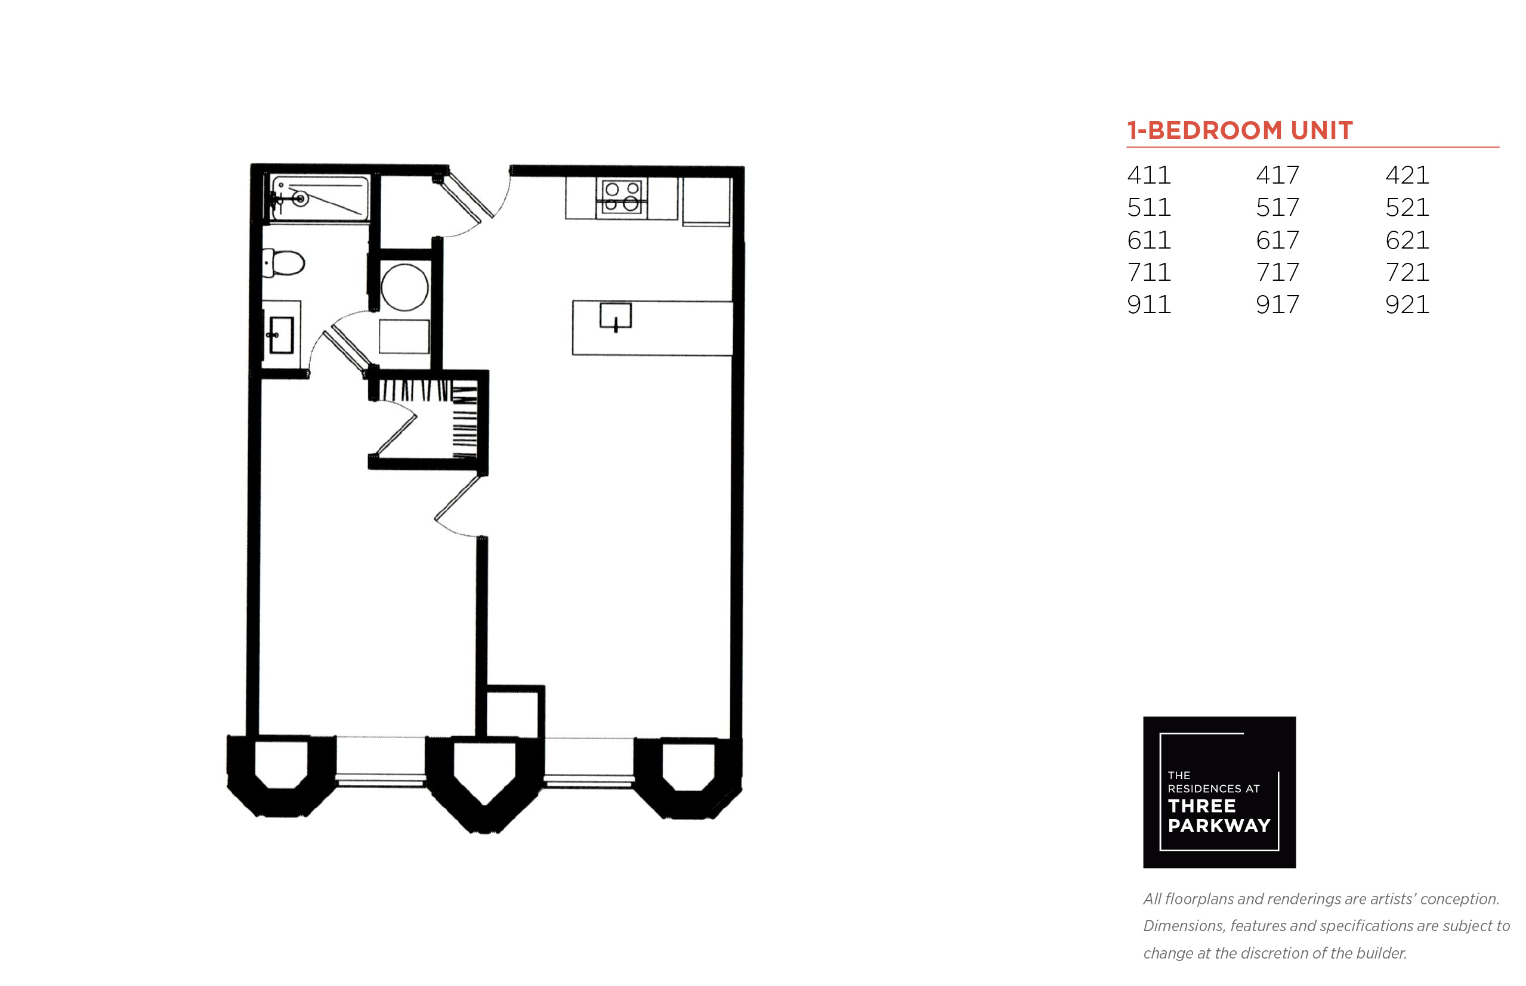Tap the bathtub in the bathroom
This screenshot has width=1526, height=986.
pos(319,198)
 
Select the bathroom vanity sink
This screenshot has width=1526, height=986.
pos(280,334)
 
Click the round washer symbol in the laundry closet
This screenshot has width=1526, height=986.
pos(404,287)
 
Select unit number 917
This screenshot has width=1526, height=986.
pos(1277,304)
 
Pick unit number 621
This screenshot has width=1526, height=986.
pos(1407,240)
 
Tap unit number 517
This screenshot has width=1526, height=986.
pos(1277,207)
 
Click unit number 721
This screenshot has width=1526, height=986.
pos(1407,272)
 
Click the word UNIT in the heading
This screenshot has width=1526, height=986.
pos(1321,131)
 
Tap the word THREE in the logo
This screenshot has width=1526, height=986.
pos(1202,805)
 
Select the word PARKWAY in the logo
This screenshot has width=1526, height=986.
pos(1219,826)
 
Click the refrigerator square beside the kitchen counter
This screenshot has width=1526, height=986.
pos(706,201)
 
